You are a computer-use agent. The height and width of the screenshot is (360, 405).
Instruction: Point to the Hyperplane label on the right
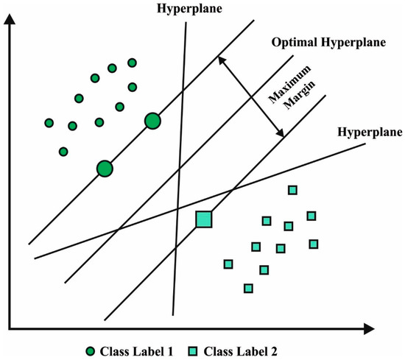tap(370, 133)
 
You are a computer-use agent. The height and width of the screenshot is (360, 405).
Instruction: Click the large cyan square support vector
tap(203, 219)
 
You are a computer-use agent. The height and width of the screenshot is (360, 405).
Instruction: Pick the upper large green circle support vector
tap(152, 121)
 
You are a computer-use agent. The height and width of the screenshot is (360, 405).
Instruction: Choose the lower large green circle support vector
tap(105, 169)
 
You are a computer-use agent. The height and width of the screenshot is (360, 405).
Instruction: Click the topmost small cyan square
tap(292, 191)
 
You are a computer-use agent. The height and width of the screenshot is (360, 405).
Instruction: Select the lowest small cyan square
tap(248, 288)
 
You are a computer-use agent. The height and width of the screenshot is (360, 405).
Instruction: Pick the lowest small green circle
tap(63, 152)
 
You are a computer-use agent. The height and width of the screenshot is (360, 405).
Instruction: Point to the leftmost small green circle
tap(49, 123)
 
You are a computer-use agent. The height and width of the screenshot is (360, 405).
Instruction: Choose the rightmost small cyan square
tap(314, 244)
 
